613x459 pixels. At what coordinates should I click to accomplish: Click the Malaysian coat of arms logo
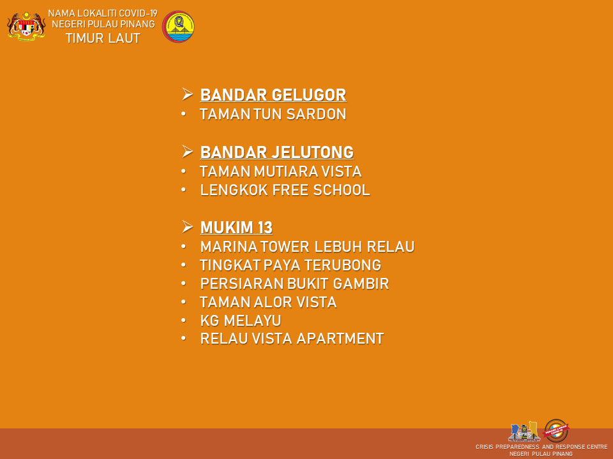point(26,26)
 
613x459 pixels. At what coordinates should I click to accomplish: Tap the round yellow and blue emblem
point(178,27)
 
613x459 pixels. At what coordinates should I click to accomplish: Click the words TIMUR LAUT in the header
point(103,38)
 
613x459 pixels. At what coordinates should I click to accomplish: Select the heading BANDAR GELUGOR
point(273,95)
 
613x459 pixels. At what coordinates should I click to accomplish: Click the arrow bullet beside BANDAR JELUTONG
point(187,152)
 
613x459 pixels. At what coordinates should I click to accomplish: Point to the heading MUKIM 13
point(236,228)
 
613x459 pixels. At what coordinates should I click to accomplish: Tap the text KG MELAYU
point(241,321)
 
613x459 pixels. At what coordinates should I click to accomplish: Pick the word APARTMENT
point(340,339)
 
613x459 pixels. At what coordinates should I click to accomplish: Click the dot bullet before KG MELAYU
point(183,321)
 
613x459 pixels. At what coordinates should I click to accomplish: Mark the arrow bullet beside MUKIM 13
point(187,227)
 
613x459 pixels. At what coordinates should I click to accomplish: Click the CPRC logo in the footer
point(524,432)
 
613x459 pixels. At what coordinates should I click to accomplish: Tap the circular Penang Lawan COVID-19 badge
point(556,430)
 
